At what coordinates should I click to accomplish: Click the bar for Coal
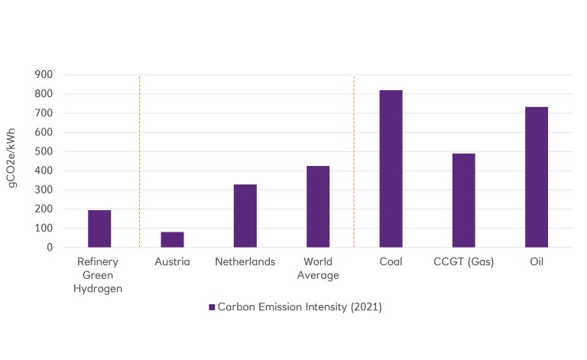click(391, 169)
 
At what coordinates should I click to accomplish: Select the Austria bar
click(172, 239)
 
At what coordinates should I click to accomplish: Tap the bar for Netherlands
click(245, 216)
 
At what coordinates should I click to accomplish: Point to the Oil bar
click(537, 177)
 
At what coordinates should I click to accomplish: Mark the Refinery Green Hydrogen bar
click(99, 229)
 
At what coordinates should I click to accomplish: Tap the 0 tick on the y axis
click(48, 248)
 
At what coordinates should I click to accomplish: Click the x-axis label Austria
click(172, 262)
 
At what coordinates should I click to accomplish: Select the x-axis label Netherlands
click(245, 262)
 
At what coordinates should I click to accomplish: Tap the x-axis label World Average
click(318, 268)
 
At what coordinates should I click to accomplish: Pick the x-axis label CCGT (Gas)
click(463, 262)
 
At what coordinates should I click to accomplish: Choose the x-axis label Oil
click(537, 262)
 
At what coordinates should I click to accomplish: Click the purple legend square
click(212, 307)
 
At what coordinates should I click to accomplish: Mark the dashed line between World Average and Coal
click(354, 161)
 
